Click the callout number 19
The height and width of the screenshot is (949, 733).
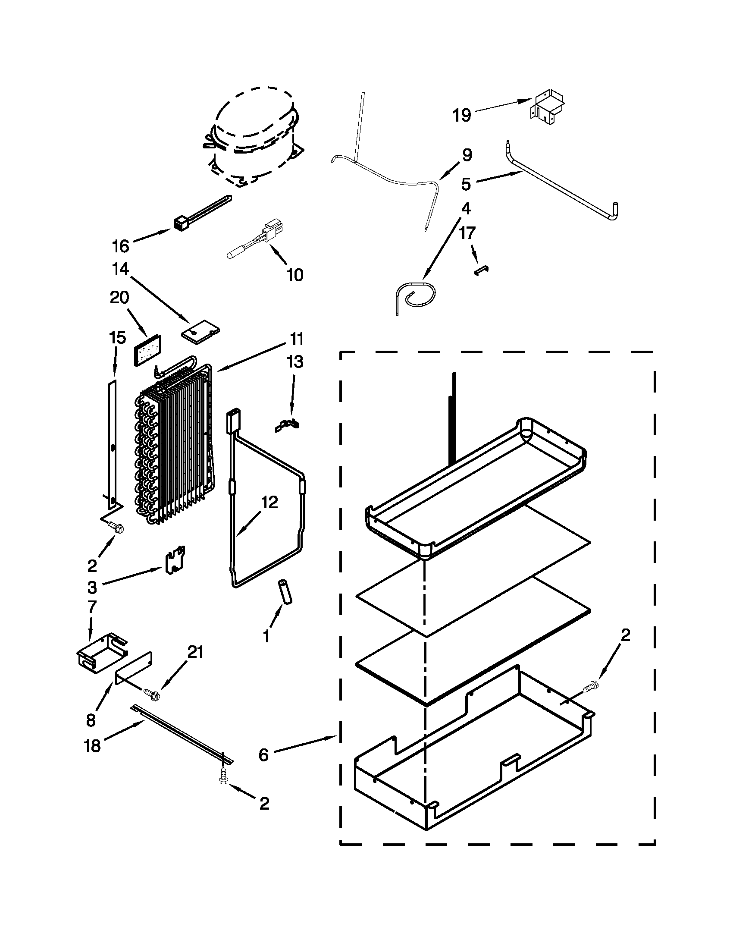tap(462, 116)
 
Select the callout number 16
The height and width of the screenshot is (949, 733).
tap(121, 246)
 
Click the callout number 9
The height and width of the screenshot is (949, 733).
tap(467, 155)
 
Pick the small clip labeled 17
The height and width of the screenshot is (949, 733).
tap(481, 270)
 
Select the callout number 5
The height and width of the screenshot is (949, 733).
tap(466, 184)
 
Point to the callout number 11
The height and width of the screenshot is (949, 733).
tap(297, 339)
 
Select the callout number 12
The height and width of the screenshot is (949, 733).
tap(269, 502)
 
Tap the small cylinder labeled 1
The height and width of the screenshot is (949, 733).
tap(286, 592)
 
